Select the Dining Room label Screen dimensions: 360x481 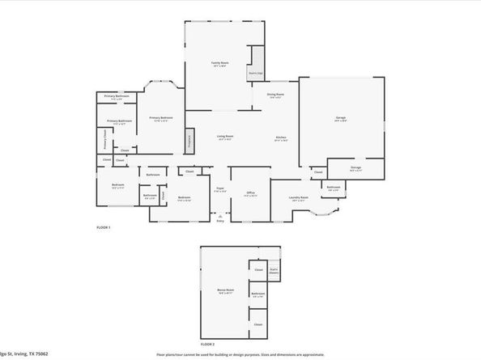(276, 95)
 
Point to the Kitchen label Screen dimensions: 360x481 (281, 137)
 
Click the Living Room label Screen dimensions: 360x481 (225, 137)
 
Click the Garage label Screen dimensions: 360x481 (341, 118)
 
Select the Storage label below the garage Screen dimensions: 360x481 (355, 168)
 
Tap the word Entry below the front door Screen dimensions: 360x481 (219, 222)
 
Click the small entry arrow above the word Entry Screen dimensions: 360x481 (219, 215)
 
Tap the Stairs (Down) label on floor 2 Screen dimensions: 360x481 (275, 272)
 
